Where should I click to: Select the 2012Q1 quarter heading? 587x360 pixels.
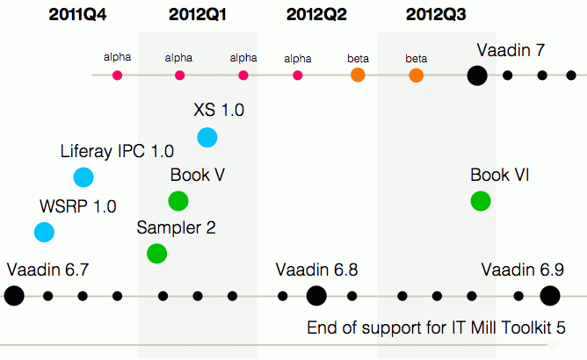tap(198, 14)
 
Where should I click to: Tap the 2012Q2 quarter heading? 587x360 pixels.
tap(316, 14)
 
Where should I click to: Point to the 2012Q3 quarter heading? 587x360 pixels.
tap(436, 14)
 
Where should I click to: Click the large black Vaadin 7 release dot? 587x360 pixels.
tap(476, 76)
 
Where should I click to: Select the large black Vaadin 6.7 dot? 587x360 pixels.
tap(14, 296)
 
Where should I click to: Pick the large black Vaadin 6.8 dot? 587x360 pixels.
tap(316, 296)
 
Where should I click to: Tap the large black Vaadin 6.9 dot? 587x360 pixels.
tap(550, 296)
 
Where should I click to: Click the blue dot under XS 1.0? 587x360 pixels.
tap(207, 137)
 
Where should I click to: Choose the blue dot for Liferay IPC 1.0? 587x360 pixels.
tap(83, 177)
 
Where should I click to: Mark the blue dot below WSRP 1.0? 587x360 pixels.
tap(44, 233)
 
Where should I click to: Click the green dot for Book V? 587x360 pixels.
tap(178, 201)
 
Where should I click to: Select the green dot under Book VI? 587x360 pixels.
tap(481, 201)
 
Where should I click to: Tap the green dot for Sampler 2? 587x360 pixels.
tap(156, 254)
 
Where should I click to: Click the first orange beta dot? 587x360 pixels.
tap(358, 76)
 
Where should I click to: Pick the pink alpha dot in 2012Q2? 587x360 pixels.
tap(298, 76)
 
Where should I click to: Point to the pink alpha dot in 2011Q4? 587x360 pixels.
tap(118, 76)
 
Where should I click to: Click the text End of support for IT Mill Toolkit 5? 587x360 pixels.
tap(434, 328)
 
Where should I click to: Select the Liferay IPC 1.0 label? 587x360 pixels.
tap(117, 151)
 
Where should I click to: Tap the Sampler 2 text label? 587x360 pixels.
tap(176, 227)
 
